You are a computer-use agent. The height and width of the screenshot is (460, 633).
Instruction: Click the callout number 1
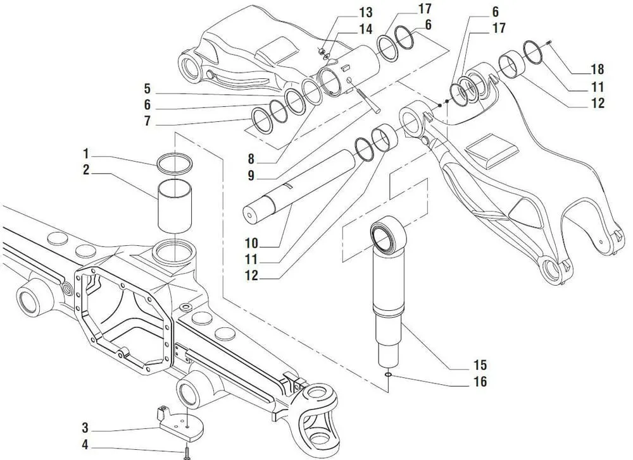coord(85,154)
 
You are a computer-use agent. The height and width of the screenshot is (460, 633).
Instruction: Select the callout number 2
coord(86,169)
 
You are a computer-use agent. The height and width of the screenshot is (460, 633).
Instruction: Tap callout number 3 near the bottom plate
coord(85,427)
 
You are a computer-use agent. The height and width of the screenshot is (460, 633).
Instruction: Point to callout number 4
coord(85,445)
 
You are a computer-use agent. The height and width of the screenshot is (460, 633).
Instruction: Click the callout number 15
coord(480,365)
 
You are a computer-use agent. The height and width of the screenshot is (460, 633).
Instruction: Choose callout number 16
coord(480,381)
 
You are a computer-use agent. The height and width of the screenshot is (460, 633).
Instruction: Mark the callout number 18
coord(598,70)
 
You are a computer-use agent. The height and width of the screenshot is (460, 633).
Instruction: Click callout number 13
coord(366,12)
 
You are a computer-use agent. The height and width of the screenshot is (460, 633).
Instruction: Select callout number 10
coord(251,243)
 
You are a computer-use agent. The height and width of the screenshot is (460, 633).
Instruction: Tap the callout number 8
coord(251,159)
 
